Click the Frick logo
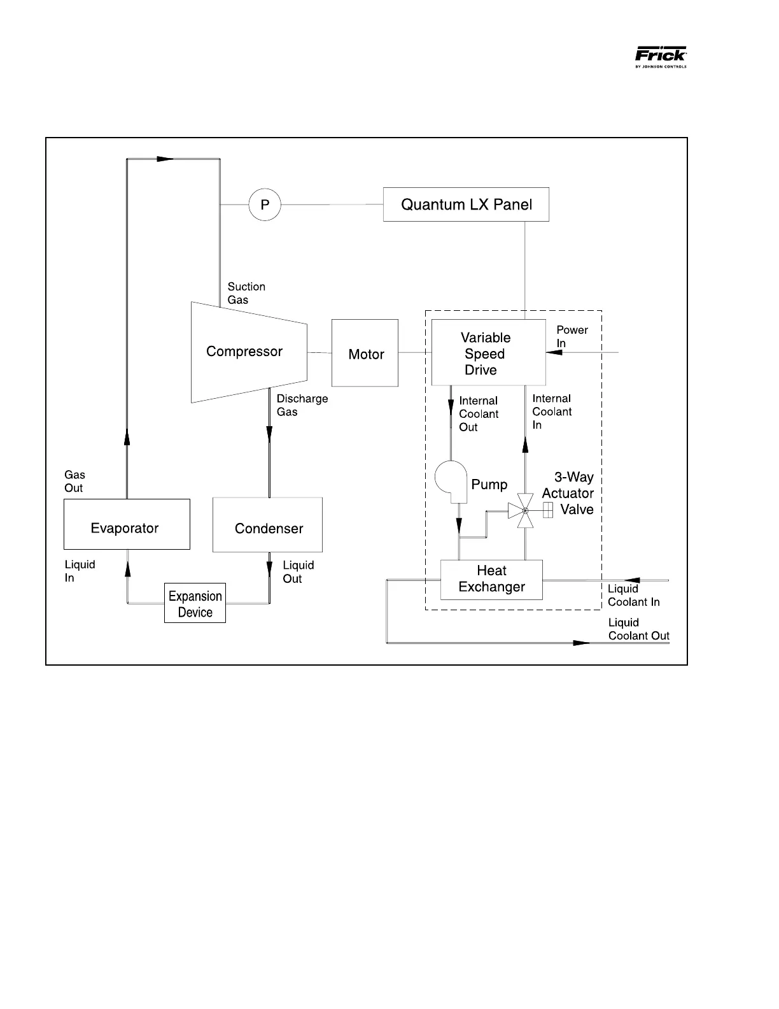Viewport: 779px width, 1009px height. [661, 56]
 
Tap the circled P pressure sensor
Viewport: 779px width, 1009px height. [265, 204]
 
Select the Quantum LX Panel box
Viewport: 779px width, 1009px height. [466, 204]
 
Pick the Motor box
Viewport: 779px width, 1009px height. [365, 354]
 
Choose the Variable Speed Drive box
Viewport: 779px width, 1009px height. [488, 353]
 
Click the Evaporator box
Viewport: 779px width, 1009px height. [127, 524]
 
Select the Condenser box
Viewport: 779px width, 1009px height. [267, 526]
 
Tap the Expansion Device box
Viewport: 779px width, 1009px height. [195, 603]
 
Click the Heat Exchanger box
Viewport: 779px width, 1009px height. [491, 580]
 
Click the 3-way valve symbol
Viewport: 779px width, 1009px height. [525, 510]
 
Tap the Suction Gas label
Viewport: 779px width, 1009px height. [246, 293]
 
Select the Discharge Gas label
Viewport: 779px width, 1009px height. [302, 405]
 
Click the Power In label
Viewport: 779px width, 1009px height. [572, 336]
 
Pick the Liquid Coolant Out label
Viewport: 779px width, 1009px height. [638, 629]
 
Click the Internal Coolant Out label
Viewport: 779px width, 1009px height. [479, 414]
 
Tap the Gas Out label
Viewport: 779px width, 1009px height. [74, 481]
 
